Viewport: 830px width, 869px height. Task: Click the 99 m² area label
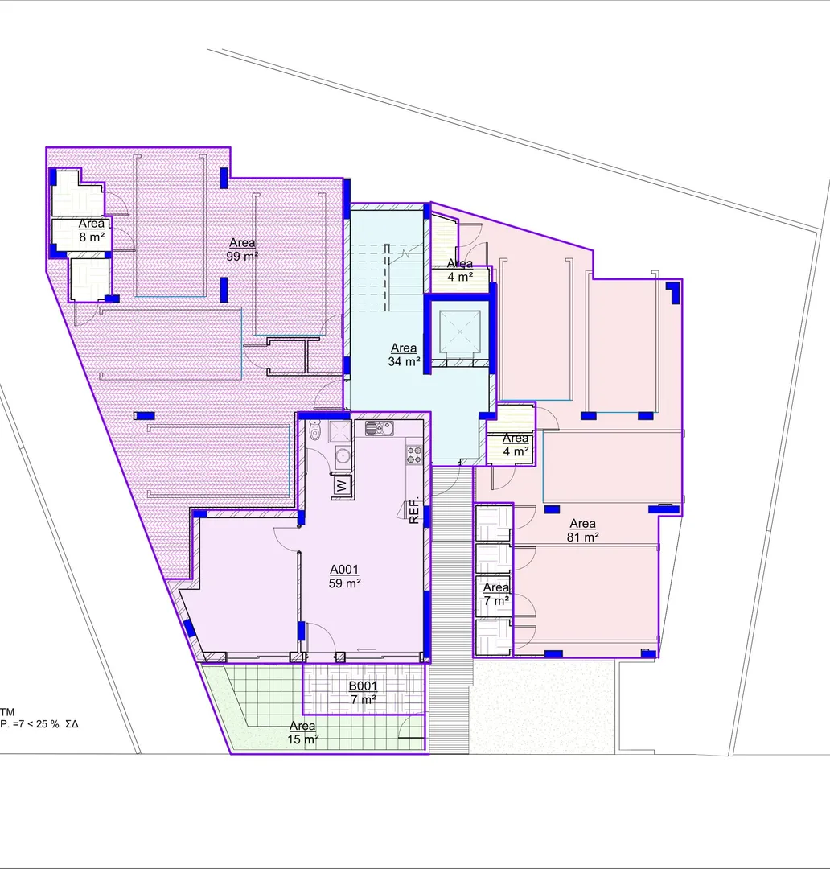[242, 249]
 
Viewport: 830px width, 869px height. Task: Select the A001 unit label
[344, 569]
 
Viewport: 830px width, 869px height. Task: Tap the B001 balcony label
[363, 686]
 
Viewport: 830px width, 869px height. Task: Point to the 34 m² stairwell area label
[404, 355]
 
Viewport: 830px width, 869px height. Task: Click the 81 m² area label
[582, 530]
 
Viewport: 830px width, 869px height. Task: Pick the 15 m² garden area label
[302, 733]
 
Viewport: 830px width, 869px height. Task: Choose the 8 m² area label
[92, 231]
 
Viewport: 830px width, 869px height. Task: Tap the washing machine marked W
[342, 486]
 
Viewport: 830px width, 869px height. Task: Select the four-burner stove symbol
[414, 455]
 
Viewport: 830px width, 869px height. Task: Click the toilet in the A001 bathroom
[314, 430]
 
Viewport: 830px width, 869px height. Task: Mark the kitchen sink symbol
[379, 428]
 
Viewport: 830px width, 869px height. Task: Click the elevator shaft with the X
[460, 332]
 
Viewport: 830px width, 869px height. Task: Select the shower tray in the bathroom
[339, 431]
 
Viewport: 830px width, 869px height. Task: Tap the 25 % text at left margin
[47, 724]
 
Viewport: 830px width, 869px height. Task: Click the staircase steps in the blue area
[386, 277]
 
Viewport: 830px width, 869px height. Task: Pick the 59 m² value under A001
[345, 583]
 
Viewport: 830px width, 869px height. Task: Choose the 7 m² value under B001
[364, 699]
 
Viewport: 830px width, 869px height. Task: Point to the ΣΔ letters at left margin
[72, 724]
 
